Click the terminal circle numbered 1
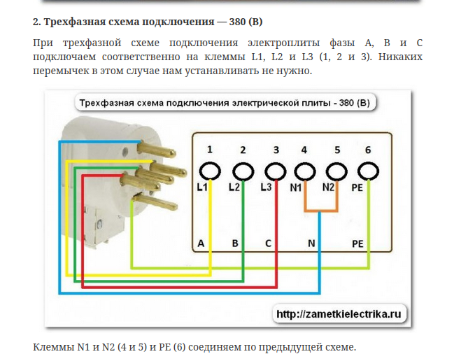click(x=210, y=164)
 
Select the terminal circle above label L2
click(x=243, y=164)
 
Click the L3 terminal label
click(x=266, y=187)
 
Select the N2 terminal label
click(x=328, y=187)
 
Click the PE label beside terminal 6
click(x=357, y=187)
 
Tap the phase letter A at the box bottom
click(x=201, y=243)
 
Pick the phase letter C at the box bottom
click(x=268, y=243)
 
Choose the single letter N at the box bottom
click(x=311, y=243)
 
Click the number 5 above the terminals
click(x=337, y=150)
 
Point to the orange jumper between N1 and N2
click(x=321, y=210)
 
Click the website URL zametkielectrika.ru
click(x=339, y=314)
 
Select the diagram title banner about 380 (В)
click(x=225, y=103)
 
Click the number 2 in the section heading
click(x=36, y=22)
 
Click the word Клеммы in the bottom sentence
click(x=53, y=347)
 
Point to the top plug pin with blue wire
click(x=156, y=150)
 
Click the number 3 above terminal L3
click(x=276, y=150)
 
